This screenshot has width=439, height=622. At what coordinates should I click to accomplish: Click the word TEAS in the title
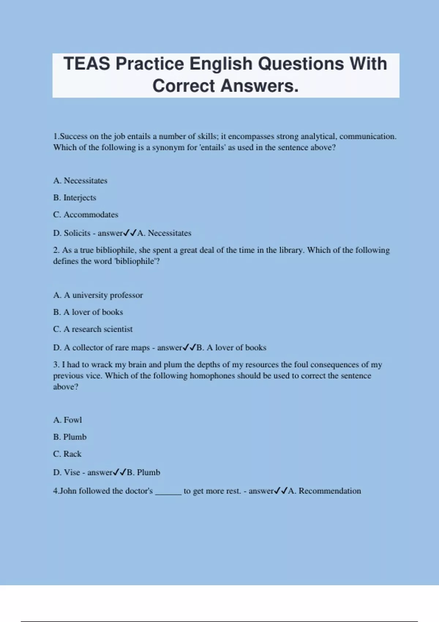click(87, 64)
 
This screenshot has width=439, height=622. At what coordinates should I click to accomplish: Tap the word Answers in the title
click(259, 86)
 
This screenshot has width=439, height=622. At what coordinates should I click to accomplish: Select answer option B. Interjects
click(75, 198)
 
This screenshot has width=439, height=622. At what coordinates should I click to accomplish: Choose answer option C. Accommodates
click(86, 215)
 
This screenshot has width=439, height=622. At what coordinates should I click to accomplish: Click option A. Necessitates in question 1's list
click(80, 181)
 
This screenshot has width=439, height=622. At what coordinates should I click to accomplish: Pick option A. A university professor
click(98, 295)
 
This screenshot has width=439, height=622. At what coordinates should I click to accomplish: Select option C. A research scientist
click(93, 329)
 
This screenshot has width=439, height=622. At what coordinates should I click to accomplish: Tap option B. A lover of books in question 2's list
click(88, 312)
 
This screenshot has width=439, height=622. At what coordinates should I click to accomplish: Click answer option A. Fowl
click(67, 420)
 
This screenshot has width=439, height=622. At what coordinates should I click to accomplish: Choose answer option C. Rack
click(67, 454)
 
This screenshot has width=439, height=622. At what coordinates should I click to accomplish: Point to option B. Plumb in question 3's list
click(70, 437)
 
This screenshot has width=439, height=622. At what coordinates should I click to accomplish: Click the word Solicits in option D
click(77, 233)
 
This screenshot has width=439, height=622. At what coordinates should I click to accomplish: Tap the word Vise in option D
click(72, 472)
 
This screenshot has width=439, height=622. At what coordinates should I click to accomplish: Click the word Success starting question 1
click(74, 136)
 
